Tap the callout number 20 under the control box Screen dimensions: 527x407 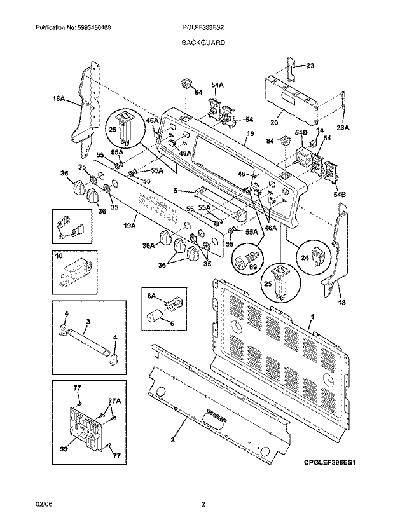pos(275,123)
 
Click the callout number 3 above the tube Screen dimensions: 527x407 pos(88,323)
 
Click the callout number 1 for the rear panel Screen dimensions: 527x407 pos(312,316)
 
